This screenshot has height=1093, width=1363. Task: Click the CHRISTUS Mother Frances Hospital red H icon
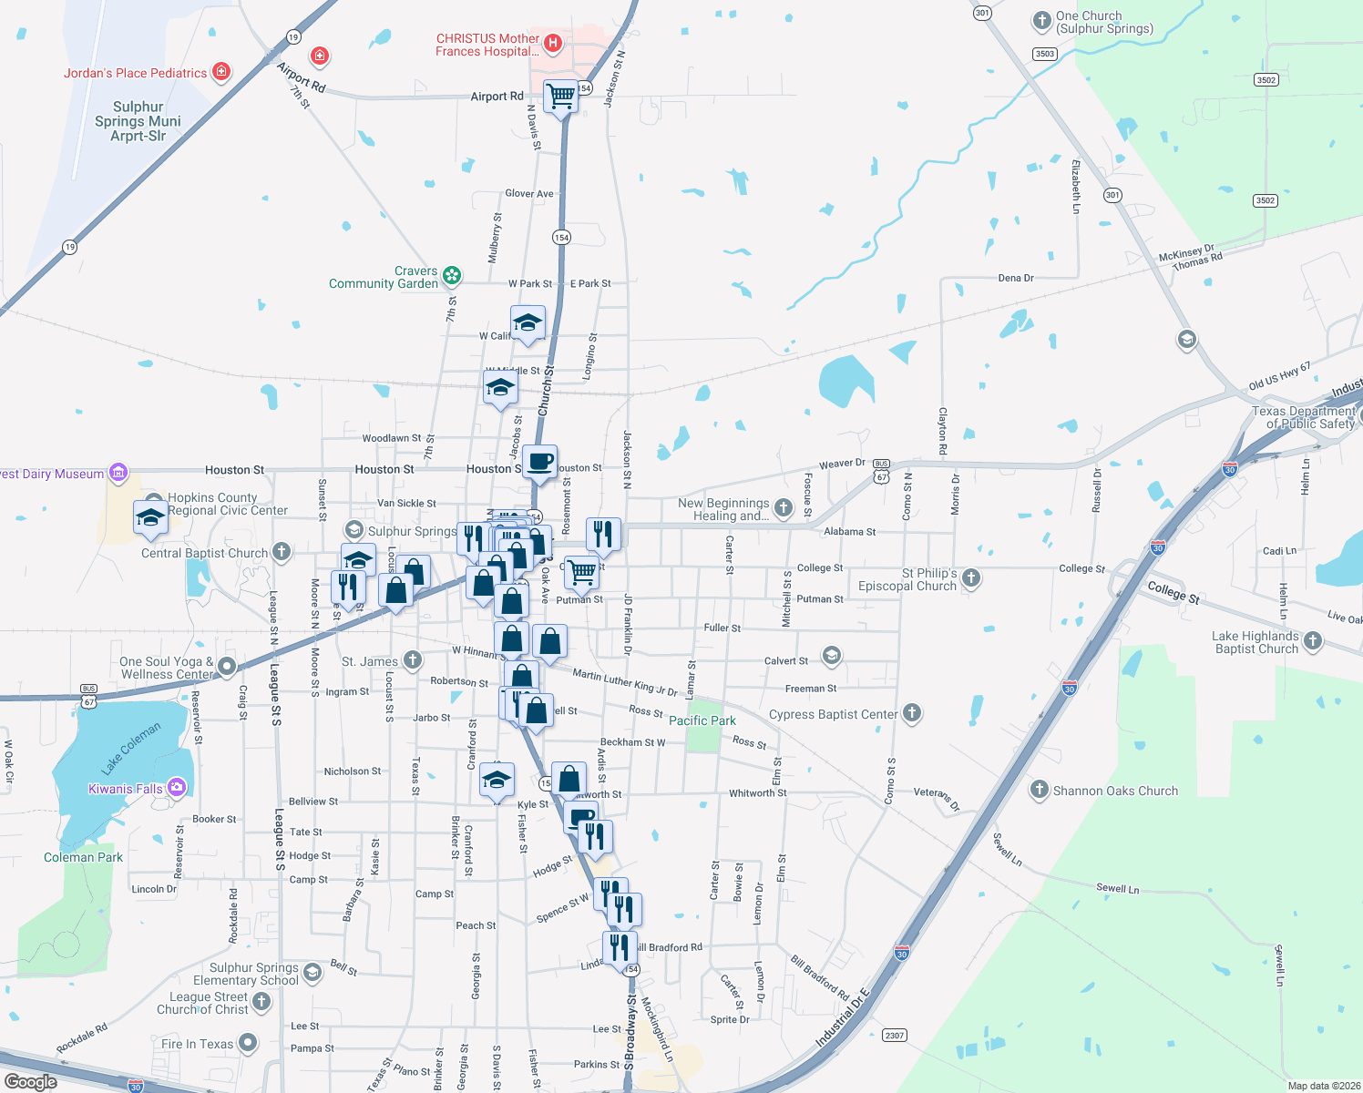click(552, 43)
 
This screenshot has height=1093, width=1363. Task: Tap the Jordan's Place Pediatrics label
click(135, 74)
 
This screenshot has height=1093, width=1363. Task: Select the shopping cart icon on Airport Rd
click(560, 95)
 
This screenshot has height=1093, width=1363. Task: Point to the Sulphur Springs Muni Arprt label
click(138, 121)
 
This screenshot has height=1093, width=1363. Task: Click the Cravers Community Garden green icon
click(452, 275)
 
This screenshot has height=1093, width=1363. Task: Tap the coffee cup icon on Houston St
click(539, 461)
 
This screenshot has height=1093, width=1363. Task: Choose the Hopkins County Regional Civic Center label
click(227, 504)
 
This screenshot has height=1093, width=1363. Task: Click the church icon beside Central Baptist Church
click(282, 551)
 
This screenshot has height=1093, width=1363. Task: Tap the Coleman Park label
click(83, 857)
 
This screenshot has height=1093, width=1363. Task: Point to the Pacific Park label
click(702, 720)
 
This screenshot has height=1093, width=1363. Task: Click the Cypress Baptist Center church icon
click(912, 713)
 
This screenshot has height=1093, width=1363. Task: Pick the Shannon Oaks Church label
click(1115, 791)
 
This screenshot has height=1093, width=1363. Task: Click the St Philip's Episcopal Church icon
click(971, 577)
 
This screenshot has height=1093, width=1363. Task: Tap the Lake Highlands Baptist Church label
click(1256, 642)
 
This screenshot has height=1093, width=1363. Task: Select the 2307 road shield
click(894, 1035)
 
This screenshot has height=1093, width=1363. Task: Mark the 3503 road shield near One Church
click(1044, 54)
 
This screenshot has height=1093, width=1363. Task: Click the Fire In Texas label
click(197, 1044)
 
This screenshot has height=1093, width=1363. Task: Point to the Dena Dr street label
click(1016, 278)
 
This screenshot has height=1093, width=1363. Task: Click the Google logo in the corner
click(30, 1082)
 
